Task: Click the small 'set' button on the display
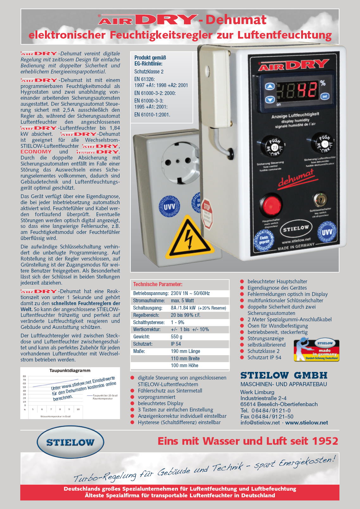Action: click(x=325, y=96)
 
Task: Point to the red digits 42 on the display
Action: click(x=306, y=90)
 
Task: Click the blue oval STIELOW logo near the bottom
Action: click(x=70, y=442)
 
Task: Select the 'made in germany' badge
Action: click(x=316, y=350)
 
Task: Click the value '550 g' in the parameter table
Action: click(x=176, y=337)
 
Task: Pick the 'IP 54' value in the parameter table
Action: click(x=176, y=344)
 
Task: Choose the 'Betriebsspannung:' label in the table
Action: click(x=151, y=293)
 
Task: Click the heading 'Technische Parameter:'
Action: click(x=158, y=284)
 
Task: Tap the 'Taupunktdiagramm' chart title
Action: click(x=70, y=370)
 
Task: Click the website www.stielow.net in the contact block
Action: click(x=306, y=423)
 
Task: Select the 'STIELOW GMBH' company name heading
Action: click(x=284, y=375)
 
